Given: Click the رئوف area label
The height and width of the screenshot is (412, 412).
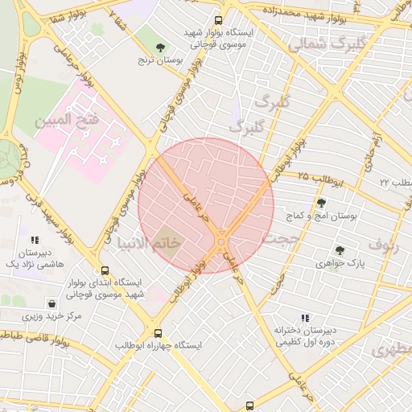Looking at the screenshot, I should pyautogui.click(x=383, y=243).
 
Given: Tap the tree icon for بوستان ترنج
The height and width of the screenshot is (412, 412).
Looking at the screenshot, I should pyautogui.click(x=160, y=47).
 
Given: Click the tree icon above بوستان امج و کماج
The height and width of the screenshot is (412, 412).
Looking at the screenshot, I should pyautogui.click(x=321, y=203).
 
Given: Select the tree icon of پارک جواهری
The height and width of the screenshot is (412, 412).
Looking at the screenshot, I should pyautogui.click(x=340, y=250).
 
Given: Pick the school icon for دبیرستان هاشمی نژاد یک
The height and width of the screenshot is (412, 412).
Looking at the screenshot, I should pyautogui.click(x=34, y=240).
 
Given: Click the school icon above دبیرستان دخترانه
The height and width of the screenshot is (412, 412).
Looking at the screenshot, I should pyautogui.click(x=304, y=318).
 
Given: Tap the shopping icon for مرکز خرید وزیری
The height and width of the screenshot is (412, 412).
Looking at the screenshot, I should pyautogui.click(x=52, y=304).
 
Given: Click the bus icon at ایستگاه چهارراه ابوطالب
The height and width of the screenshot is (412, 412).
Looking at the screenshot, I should pyautogui.click(x=157, y=332).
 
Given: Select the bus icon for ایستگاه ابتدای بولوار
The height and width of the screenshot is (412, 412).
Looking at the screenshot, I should pyautogui.click(x=105, y=271).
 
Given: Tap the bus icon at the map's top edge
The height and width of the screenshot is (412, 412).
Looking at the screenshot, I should pyautogui.click(x=218, y=20).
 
